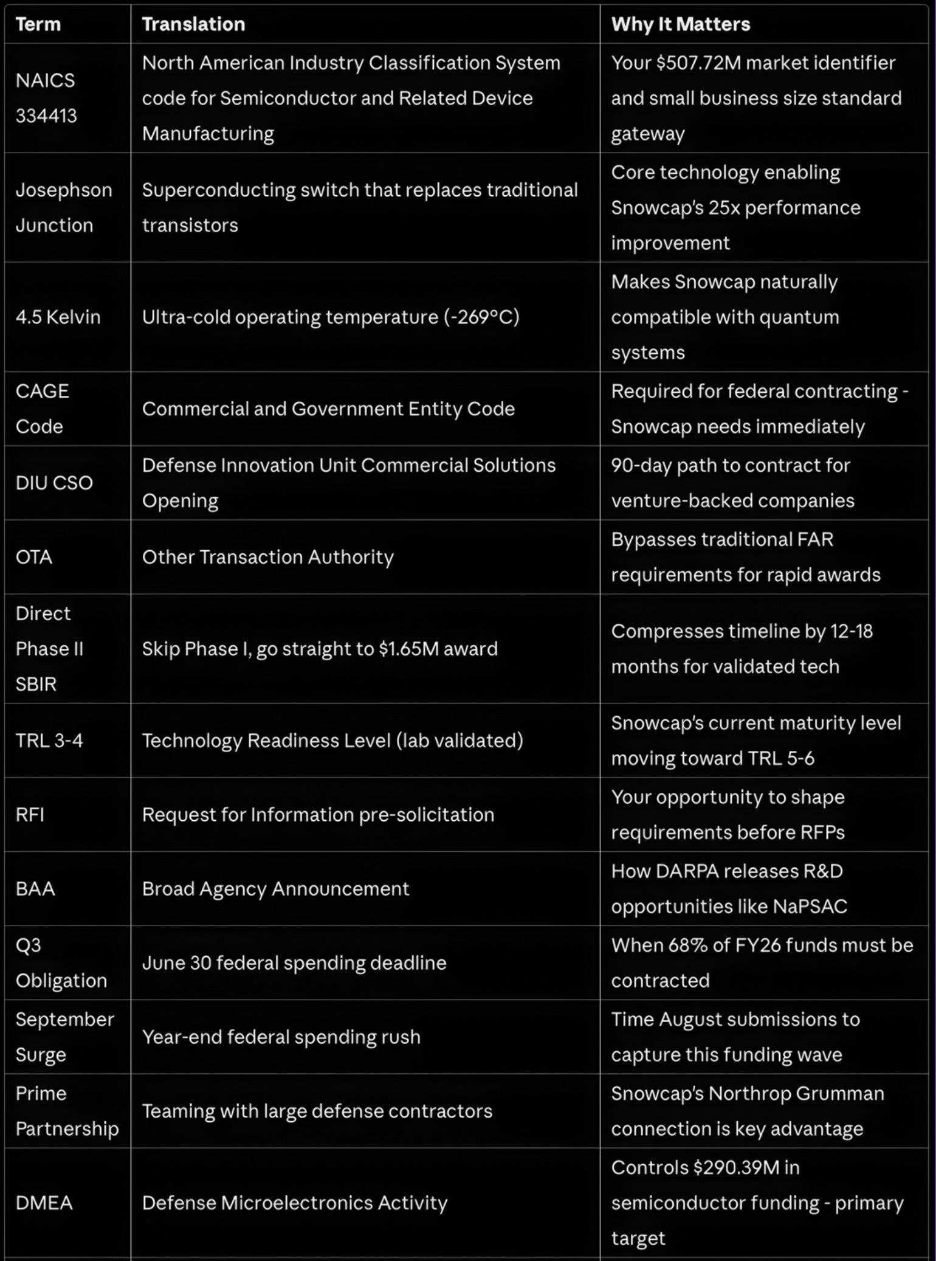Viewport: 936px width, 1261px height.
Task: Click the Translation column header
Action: (x=193, y=24)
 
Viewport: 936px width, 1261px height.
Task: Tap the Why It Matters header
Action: (x=680, y=24)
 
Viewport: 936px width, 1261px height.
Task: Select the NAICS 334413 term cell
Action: (x=46, y=98)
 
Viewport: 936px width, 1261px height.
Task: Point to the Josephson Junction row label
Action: (x=63, y=207)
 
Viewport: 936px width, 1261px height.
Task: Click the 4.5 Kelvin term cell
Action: (x=58, y=317)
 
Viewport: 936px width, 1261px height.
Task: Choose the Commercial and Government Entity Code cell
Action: (x=328, y=409)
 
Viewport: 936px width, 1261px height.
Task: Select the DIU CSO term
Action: (x=54, y=483)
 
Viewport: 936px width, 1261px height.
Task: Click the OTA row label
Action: (x=34, y=557)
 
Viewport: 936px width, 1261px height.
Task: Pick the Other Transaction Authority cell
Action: (x=267, y=557)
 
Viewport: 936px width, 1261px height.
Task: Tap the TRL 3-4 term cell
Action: (x=49, y=741)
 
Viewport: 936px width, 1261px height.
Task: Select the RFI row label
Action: (x=30, y=815)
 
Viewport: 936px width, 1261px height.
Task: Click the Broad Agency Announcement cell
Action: (x=275, y=889)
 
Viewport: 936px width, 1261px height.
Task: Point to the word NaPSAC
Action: (x=810, y=907)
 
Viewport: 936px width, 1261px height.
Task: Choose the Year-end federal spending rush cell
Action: (x=281, y=1037)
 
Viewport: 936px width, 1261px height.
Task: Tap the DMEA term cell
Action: (x=44, y=1203)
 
